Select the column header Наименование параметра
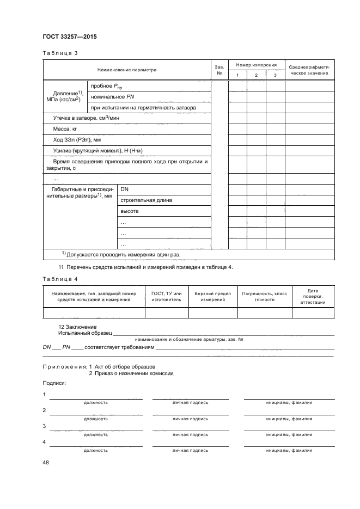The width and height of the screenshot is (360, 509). point(126,70)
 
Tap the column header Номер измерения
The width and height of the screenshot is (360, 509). point(256,65)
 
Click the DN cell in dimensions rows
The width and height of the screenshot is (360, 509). point(124,188)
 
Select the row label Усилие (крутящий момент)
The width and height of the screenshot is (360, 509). point(97,150)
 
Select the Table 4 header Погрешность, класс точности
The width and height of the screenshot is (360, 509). point(265,296)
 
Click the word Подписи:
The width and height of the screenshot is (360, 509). point(54,384)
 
